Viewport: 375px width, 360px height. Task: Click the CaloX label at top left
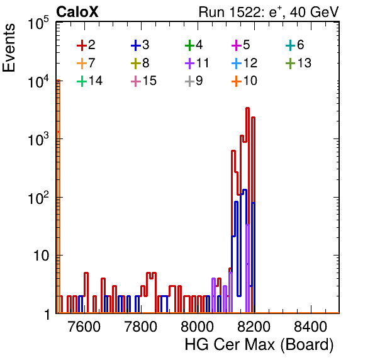coord(77,12)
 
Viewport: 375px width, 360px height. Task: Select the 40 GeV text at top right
coord(314,12)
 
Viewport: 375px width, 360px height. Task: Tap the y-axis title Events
coord(9,48)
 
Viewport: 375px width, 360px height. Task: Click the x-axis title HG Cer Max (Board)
coord(259,346)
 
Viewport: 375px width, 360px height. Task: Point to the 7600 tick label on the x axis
coord(84,327)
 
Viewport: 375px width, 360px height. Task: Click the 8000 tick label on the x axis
coord(198,327)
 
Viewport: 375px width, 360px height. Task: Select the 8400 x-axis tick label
coord(310,327)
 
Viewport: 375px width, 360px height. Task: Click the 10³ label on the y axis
coord(38,139)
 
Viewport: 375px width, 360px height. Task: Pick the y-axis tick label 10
coord(42,256)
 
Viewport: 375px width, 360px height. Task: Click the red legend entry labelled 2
coord(86,45)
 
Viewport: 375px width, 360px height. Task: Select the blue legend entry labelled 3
coord(140,45)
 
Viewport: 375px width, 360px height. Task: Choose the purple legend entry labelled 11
coord(197,63)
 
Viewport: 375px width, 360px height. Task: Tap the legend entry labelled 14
coord(89,81)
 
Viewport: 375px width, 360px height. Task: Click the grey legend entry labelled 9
coord(194,81)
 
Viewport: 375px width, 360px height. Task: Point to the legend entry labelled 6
coord(295,45)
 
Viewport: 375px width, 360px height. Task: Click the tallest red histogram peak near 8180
coord(247,108)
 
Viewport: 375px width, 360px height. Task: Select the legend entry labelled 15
coord(143,81)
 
